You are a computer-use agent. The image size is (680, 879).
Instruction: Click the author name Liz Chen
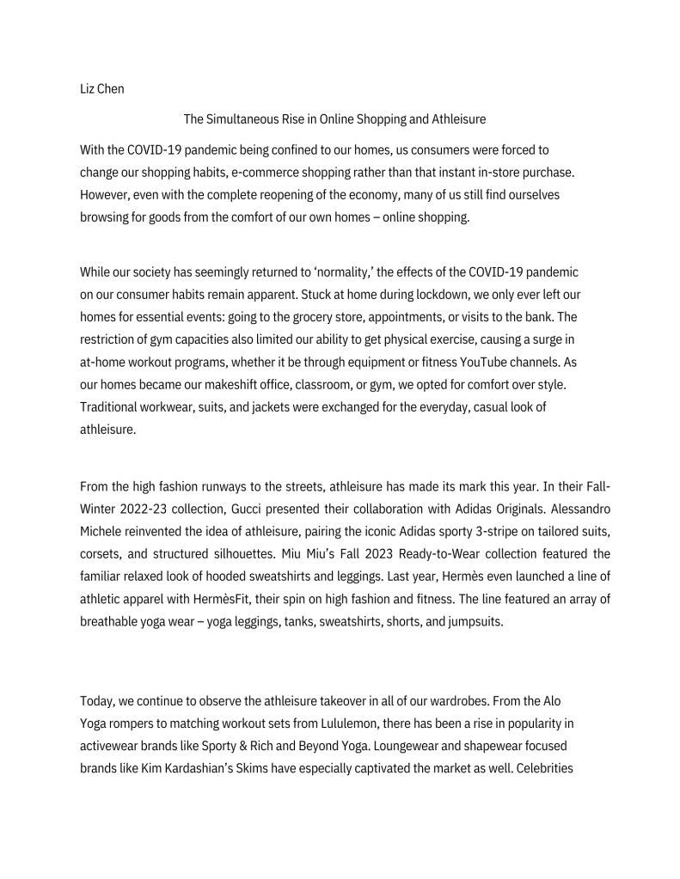tap(101, 89)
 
